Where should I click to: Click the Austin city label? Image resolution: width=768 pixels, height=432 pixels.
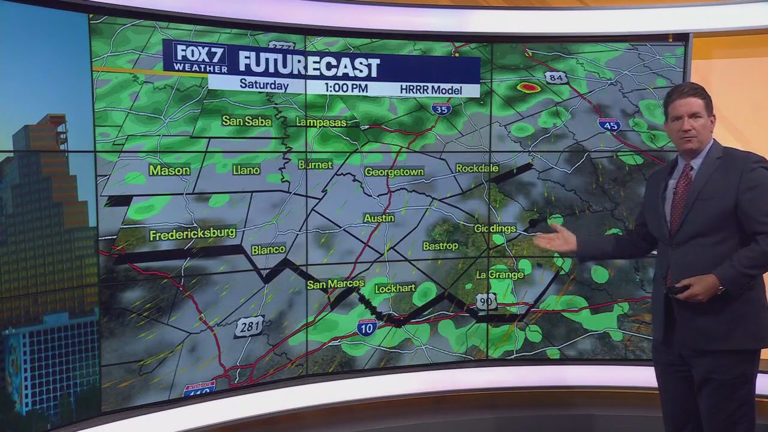[x=379, y=218]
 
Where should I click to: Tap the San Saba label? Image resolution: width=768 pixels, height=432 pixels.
[x=246, y=121]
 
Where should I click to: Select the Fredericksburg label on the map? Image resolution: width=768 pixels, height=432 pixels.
[x=192, y=234]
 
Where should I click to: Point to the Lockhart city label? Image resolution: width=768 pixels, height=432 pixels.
[x=395, y=289]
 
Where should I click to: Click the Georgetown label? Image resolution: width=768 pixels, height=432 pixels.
[x=394, y=172]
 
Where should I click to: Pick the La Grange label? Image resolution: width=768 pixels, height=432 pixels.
[x=500, y=275]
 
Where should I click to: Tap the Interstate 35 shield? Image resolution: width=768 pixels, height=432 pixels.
[x=441, y=109]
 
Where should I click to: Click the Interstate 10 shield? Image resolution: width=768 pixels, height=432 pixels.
[x=367, y=327]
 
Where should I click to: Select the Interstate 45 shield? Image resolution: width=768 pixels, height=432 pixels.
[x=609, y=125]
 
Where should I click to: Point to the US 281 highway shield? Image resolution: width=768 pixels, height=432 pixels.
[x=249, y=327]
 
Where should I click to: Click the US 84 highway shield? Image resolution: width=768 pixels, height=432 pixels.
[x=556, y=77]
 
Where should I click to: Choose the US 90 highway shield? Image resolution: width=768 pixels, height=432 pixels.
[x=486, y=301]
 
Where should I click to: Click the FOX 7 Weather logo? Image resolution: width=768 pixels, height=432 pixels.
[x=200, y=58]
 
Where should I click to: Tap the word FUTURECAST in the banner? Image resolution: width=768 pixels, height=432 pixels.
[x=309, y=65]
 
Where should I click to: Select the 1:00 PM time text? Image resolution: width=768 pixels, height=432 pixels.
[x=346, y=88]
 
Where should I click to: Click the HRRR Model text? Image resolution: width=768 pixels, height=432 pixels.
[x=431, y=90]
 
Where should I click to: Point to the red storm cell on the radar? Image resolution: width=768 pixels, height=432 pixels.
[x=529, y=88]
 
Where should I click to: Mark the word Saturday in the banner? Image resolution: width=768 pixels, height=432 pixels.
[x=264, y=85]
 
